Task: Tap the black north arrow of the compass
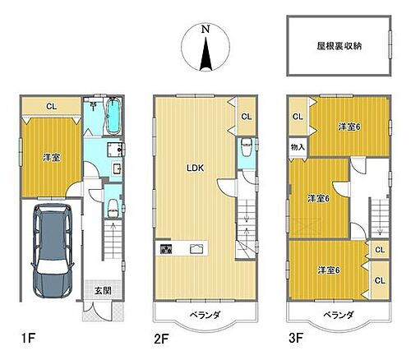(207, 56)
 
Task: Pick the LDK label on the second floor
(195, 168)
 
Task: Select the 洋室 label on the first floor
(50, 156)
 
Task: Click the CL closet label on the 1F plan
(50, 105)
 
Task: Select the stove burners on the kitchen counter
(166, 248)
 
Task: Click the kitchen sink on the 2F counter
(197, 248)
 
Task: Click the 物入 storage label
(298, 147)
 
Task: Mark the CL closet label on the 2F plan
(247, 117)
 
